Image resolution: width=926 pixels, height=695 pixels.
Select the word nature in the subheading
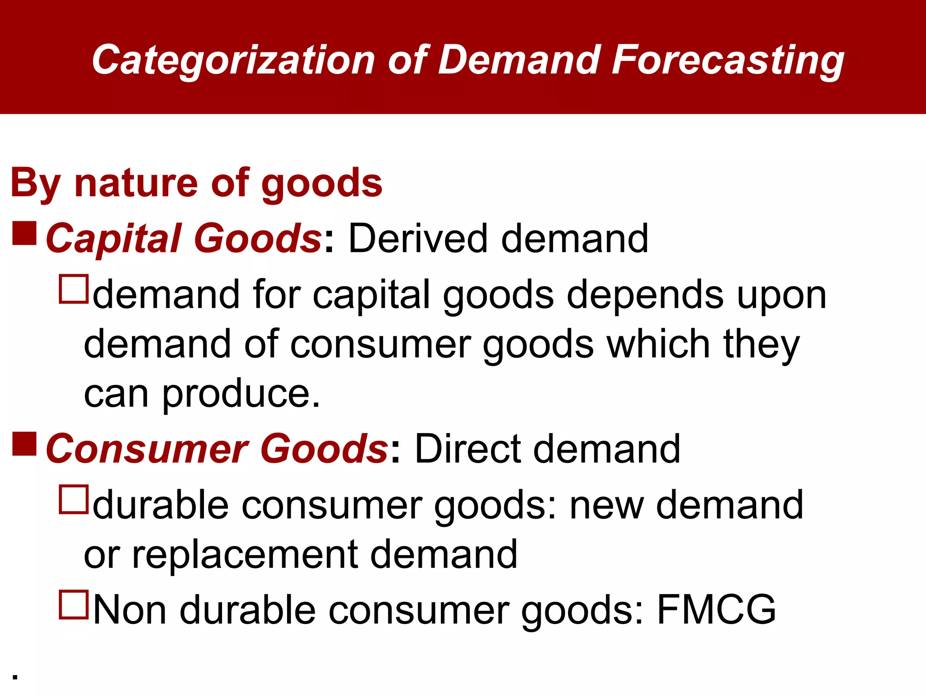click(136, 183)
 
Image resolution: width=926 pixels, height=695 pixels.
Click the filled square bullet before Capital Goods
click(24, 233)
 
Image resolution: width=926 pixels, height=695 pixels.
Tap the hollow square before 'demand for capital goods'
click(73, 289)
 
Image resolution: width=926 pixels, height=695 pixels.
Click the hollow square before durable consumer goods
click(73, 500)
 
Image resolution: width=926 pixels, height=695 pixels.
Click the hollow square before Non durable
click(73, 605)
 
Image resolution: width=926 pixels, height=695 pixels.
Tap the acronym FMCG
click(716, 610)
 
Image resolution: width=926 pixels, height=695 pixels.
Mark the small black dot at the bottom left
click(15, 677)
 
